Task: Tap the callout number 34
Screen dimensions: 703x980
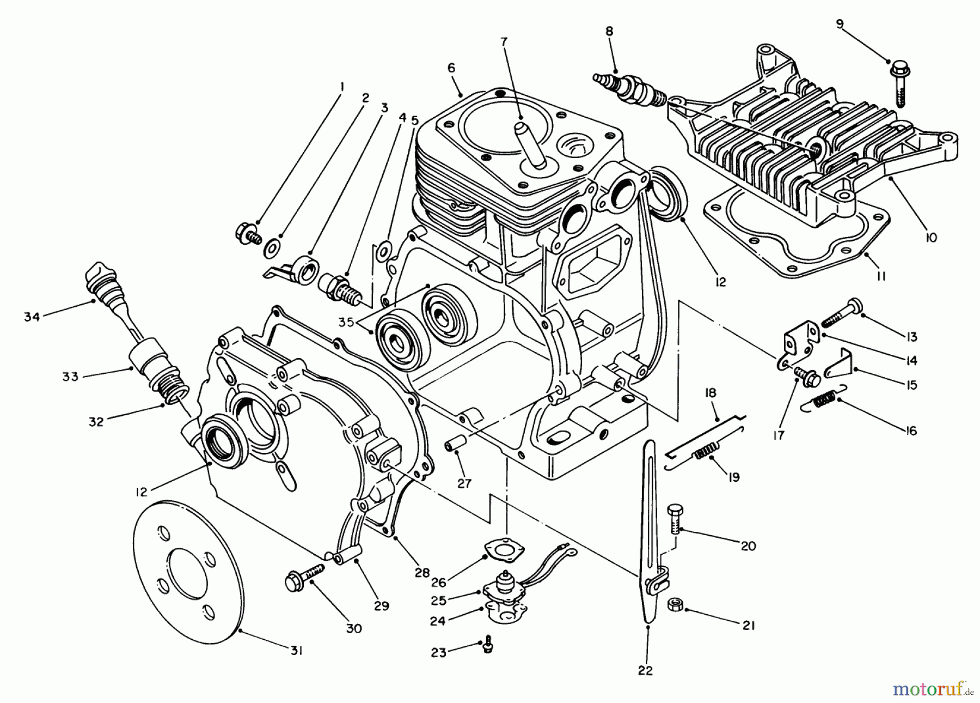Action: click(32, 316)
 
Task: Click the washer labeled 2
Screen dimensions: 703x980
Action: click(271, 249)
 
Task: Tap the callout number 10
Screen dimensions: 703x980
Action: click(930, 238)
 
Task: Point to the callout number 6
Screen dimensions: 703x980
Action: click(451, 68)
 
